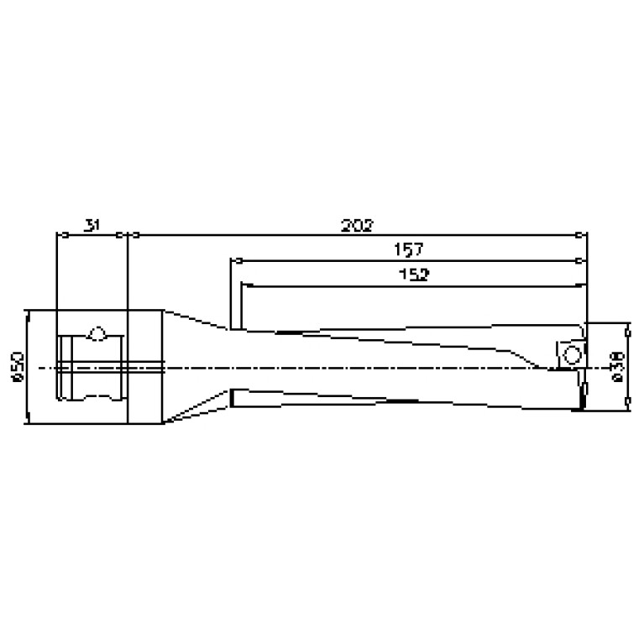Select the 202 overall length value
(x=357, y=225)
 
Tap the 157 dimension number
(x=408, y=249)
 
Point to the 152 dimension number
(x=415, y=275)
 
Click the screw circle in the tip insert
(x=572, y=353)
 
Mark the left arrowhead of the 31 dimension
(x=59, y=235)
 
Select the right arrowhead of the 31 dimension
(x=123, y=235)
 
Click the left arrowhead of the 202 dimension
(x=131, y=235)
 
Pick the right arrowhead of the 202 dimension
(x=584, y=235)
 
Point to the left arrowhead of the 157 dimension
(x=235, y=260)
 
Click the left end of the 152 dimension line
(x=243, y=285)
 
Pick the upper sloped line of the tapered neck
(x=197, y=320)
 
